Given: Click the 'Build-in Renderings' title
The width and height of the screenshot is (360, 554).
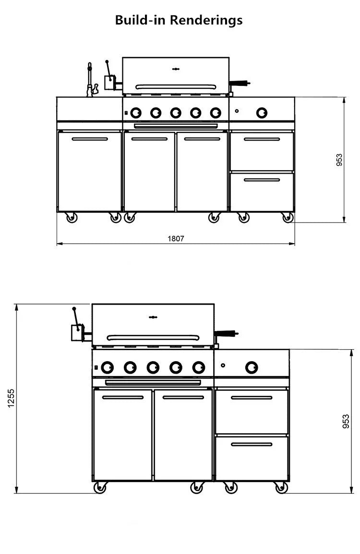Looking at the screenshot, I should pos(179,20).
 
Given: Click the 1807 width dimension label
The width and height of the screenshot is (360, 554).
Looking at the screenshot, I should pos(176,238).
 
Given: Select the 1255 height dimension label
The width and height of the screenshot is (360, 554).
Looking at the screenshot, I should pos(12,398).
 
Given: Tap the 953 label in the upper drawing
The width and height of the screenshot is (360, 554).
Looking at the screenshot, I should pos(339,160).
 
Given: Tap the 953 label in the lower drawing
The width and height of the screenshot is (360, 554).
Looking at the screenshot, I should pos(346,421).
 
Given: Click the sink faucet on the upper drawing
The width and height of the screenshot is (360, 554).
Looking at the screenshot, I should pos(90,80).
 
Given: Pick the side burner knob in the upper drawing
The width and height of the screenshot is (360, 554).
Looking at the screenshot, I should pos(262,113).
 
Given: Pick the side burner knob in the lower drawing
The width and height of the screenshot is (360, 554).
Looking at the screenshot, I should pos(252,367).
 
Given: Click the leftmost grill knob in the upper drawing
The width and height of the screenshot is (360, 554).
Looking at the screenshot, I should pos(136,113).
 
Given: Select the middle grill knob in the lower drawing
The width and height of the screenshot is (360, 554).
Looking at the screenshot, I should pos(153,367).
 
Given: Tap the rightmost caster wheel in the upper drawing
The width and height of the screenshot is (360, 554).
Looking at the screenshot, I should pos(287,218).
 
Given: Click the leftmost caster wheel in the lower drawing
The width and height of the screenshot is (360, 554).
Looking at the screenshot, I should pos(100,488).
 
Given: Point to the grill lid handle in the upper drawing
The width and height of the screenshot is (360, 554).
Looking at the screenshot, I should pos(176,87).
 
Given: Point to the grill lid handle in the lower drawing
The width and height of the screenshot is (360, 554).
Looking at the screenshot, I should pos(153,338).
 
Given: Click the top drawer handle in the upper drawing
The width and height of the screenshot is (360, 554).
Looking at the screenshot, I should pos(262,139).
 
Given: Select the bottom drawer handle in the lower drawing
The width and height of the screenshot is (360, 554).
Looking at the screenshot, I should pos(252,444).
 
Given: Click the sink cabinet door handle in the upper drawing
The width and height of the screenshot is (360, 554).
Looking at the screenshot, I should pos(90,139).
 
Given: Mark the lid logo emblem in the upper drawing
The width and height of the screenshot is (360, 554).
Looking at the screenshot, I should pos(176,69).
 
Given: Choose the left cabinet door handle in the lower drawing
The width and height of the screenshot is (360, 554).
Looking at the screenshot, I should pos(123,397).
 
